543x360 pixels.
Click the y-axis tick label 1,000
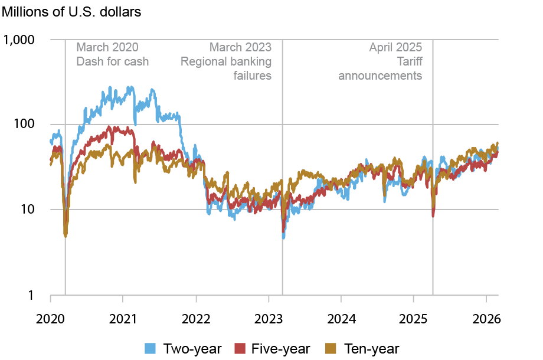(21, 40)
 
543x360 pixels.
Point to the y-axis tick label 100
(26, 125)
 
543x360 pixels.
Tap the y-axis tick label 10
(29, 210)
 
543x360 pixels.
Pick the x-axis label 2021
(123, 319)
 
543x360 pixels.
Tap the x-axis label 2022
(195, 319)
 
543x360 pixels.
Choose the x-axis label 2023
(269, 319)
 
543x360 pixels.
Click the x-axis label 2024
(341, 319)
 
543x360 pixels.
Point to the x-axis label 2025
(414, 319)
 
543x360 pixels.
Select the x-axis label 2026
(486, 319)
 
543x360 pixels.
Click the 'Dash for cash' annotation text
(113, 61)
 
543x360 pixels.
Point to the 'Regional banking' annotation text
(226, 61)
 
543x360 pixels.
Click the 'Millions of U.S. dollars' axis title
(72, 13)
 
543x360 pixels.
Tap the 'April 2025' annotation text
(396, 47)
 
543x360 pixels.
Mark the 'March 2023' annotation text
(241, 47)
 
